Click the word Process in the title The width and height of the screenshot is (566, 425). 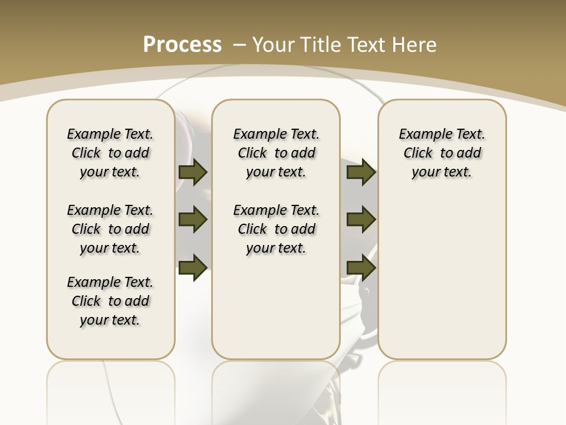coord(182,44)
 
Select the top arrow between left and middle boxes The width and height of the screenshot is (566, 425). coord(193,172)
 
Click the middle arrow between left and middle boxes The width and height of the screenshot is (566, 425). coord(193,220)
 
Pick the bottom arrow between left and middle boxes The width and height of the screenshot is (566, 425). coord(193,267)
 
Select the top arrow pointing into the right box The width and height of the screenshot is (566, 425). coord(361,172)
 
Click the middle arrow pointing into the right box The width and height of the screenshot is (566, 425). coord(361,220)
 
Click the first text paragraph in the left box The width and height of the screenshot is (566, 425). coord(110,153)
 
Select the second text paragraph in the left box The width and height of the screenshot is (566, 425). coord(110,229)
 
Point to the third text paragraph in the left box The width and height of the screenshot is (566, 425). coord(110,301)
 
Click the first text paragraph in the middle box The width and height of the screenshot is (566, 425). coord(277,153)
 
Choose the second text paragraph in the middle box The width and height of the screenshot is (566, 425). coord(277,229)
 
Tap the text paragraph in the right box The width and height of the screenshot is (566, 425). coord(442,153)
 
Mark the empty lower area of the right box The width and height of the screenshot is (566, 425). coord(442,277)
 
